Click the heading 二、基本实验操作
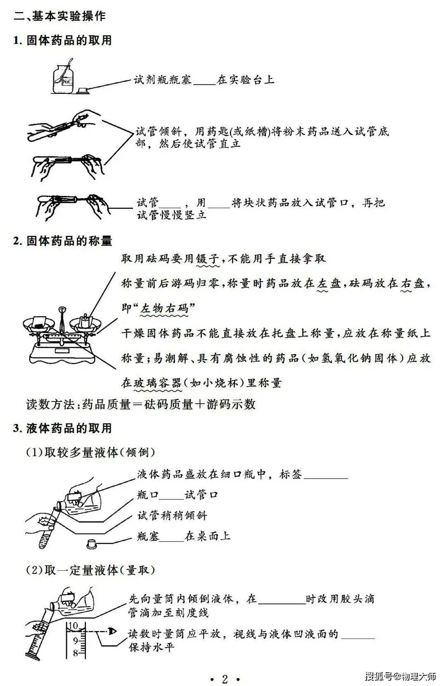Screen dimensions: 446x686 [x=59, y=16]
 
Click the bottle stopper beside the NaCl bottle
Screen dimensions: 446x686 [x=83, y=90]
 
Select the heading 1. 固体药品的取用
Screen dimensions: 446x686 [x=62, y=40]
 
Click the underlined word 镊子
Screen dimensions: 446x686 [x=208, y=259]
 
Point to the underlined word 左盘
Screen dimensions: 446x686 [x=329, y=284]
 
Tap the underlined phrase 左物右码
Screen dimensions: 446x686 [x=164, y=308]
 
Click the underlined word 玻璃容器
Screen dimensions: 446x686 [x=157, y=383]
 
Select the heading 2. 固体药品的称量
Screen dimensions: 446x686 [x=62, y=241]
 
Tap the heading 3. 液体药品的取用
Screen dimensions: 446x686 [x=62, y=428]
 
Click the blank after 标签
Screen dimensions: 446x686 [x=326, y=478]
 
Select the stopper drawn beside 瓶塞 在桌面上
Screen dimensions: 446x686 [x=91, y=544]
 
